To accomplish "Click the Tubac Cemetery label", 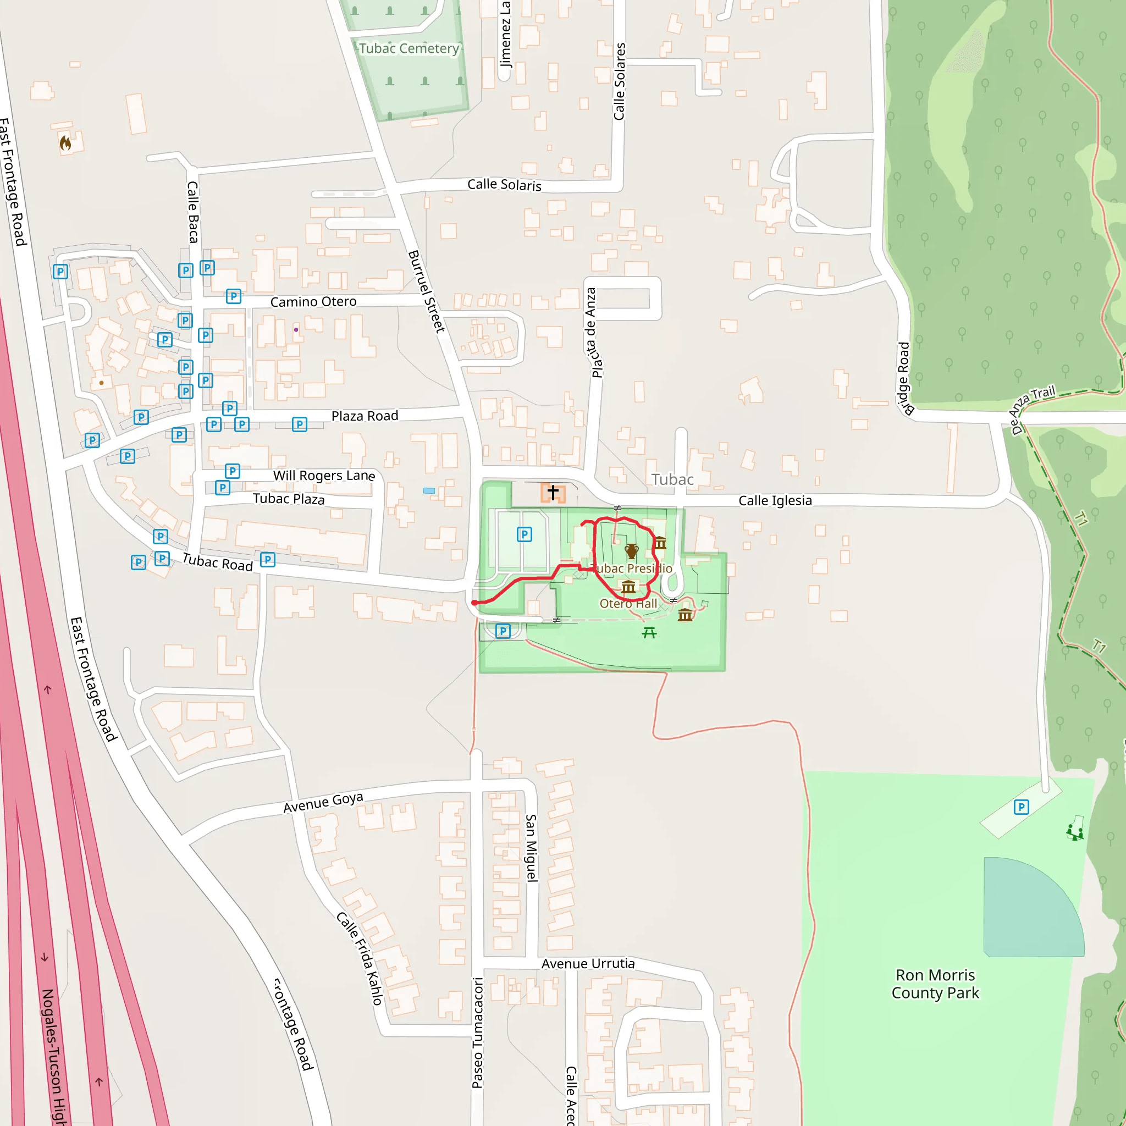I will pos(409,48).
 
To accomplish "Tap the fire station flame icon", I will pos(65,143).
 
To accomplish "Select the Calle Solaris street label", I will pos(504,185).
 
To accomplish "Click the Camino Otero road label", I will pos(313,301).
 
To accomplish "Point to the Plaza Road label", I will pos(365,416).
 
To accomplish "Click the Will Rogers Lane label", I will pos(324,476).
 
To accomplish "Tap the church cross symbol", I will pos(553,493).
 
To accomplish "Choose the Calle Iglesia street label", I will pos(775,501).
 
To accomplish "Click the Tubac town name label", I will pos(672,479).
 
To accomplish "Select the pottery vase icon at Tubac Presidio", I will pos(631,551).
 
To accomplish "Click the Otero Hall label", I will pos(628,604).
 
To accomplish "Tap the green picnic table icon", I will pos(649,632).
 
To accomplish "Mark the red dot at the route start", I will pos(475,603).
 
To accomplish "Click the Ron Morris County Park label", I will pos(935,984).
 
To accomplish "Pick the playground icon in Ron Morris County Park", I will pos(1075,832).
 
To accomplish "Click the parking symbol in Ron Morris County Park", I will pos(1021,807).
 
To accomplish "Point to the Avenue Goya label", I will pos(323,802).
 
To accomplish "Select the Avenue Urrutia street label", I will pos(588,964).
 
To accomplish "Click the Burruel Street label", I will pos(426,291).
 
